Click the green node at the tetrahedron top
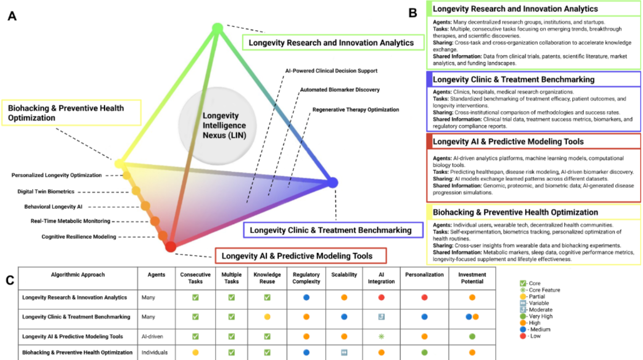pyautogui.click(x=217, y=28)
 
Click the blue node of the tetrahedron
pyautogui.click(x=332, y=183)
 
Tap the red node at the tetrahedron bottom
pyautogui.click(x=170, y=246)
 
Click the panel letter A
pyautogui.click(x=12, y=16)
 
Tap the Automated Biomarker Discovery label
pyautogui.click(x=340, y=90)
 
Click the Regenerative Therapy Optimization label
pyautogui.click(x=356, y=110)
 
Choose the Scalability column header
pyautogui.click(x=344, y=275)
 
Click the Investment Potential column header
pyautogui.click(x=472, y=278)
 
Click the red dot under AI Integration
pyautogui.click(x=381, y=298)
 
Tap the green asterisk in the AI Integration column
pyautogui.click(x=381, y=337)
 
